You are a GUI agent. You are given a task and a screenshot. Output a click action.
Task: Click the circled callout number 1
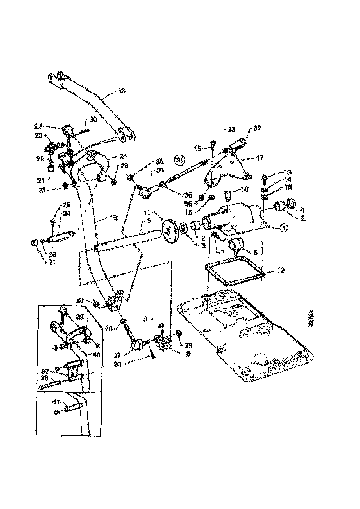[284, 228]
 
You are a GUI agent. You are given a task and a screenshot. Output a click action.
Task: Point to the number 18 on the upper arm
[122, 92]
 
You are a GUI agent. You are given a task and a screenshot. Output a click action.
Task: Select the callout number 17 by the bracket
[260, 158]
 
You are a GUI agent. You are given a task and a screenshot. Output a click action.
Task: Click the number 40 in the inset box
[97, 355]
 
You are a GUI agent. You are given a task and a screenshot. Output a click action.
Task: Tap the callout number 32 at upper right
[257, 129]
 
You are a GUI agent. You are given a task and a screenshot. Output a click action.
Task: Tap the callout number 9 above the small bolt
[146, 319]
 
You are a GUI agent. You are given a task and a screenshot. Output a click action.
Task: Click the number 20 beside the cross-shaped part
[38, 136]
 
